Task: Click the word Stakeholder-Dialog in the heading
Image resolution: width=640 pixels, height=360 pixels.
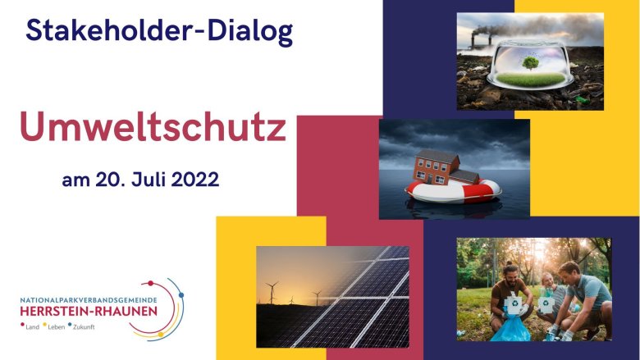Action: click(x=159, y=31)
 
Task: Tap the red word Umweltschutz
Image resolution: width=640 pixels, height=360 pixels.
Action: click(x=153, y=126)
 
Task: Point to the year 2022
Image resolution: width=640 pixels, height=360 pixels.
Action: click(x=194, y=180)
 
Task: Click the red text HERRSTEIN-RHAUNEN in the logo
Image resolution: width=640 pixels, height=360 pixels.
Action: click(x=89, y=312)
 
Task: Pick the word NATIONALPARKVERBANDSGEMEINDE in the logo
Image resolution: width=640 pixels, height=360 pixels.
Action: click(x=89, y=300)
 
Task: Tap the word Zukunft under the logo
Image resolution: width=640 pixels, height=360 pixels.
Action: click(x=84, y=327)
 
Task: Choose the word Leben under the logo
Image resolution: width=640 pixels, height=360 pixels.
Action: click(x=57, y=327)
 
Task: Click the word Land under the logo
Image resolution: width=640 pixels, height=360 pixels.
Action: click(x=32, y=327)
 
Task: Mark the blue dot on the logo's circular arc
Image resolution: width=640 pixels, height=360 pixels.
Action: click(x=181, y=294)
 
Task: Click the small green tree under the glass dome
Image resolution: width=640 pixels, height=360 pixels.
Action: click(x=530, y=63)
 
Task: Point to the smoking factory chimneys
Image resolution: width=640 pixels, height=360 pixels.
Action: click(x=481, y=39)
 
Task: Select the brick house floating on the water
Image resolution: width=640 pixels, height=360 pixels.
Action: click(x=446, y=168)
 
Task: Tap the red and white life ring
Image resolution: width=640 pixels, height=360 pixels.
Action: click(x=453, y=192)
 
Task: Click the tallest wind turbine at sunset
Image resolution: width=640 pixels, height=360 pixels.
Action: click(x=272, y=292)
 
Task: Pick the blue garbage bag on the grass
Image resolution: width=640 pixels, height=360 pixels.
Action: click(x=510, y=328)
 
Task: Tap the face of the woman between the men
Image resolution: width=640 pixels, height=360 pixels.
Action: click(x=547, y=281)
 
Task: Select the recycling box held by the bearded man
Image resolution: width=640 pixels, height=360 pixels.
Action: click(x=513, y=303)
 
